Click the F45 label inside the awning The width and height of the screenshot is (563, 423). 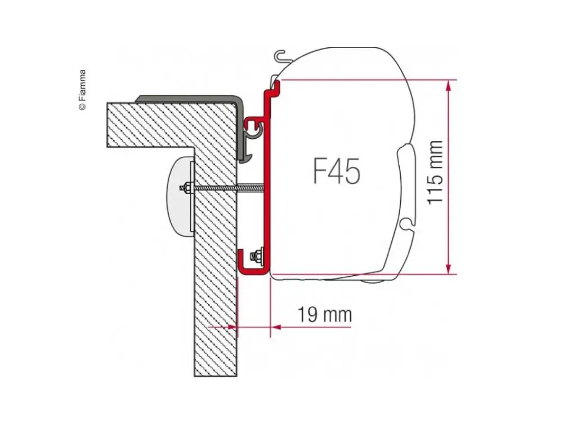pos(337,171)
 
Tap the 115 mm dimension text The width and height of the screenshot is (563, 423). pos(436,173)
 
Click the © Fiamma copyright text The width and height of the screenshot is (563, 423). pos(82,90)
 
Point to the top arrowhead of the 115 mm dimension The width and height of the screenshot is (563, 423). pos(448,85)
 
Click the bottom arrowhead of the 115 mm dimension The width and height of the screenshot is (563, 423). pos(448,268)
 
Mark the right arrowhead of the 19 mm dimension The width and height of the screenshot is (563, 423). pos(275,327)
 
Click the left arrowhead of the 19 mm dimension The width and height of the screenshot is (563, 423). pos(232,327)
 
